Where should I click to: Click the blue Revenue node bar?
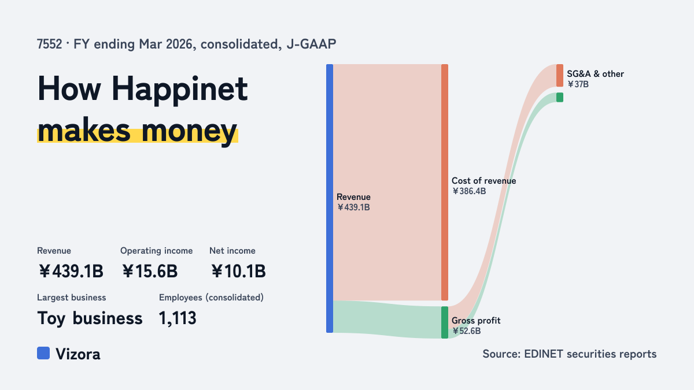coord(330,198)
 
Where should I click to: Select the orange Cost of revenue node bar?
coord(445,183)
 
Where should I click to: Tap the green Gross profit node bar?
coord(445,322)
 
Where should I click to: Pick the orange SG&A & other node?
coord(560,76)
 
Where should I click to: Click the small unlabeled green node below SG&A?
coord(560,97)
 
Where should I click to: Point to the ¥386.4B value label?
coord(469,191)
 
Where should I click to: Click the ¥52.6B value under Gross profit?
coord(467,331)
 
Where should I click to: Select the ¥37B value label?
coord(578,84)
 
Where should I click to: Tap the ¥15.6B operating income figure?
coord(150,271)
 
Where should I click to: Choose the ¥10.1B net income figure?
coord(238,271)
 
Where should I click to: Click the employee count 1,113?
coord(178,318)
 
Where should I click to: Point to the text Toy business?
coord(90,318)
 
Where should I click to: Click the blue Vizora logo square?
coord(43,353)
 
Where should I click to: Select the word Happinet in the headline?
coord(179,89)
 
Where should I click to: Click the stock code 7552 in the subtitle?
coord(50,44)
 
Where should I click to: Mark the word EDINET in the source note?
coord(544,354)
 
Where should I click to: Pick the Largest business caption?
coord(72,298)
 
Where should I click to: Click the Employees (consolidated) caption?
coord(211,298)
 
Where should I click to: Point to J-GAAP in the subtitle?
coord(311,44)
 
